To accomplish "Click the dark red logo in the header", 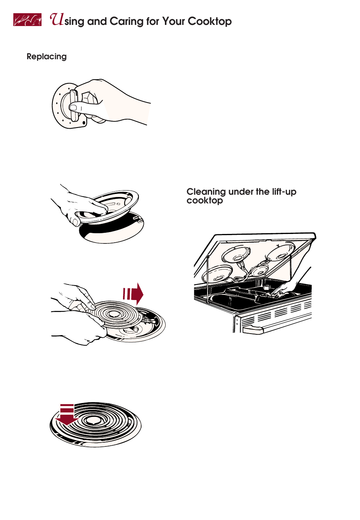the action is [28, 20].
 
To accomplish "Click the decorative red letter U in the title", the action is [57, 19].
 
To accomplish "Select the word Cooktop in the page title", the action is [209, 22].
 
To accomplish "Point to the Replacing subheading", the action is [47, 57].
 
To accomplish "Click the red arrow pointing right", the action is [133, 294].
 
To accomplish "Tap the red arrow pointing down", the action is [67, 414].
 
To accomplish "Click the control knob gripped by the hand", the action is [74, 106].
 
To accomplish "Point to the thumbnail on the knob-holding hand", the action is [73, 108].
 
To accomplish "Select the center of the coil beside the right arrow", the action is [114, 314].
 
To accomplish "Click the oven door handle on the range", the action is [252, 330].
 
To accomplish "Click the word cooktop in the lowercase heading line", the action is [205, 201].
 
